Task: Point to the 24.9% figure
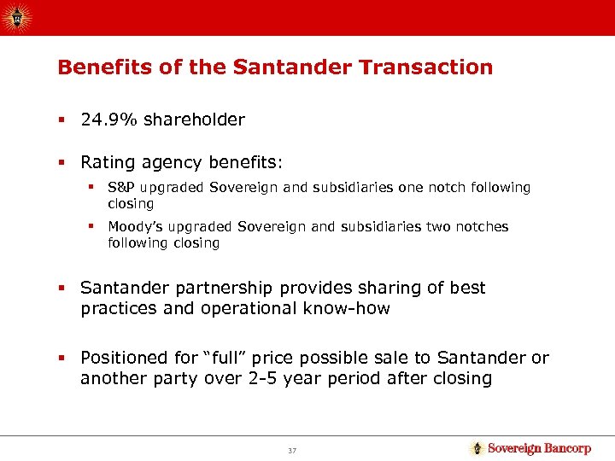tap(109, 120)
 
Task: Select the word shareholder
tap(194, 120)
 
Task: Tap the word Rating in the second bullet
tap(106, 160)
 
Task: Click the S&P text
tap(122, 187)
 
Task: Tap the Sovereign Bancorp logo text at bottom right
tap(538, 448)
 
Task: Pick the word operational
tap(242, 309)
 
